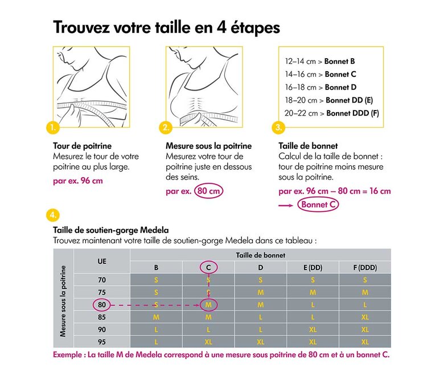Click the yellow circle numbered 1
[x=53, y=128]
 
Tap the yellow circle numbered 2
[x=166, y=128]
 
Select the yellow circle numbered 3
[x=278, y=128]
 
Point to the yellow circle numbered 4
[x=53, y=215]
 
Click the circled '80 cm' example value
[x=209, y=191]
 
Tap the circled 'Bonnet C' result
[x=318, y=205]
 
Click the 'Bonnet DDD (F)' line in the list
[x=332, y=113]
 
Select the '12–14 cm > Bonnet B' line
[x=320, y=61]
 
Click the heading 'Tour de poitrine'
[x=82, y=146]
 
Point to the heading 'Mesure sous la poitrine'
[x=209, y=146]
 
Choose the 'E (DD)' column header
[x=313, y=268]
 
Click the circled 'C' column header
[x=208, y=268]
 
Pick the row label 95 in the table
[x=102, y=342]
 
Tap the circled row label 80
[x=102, y=305]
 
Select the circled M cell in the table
[x=208, y=305]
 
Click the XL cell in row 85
[x=365, y=317]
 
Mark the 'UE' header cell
[x=102, y=261]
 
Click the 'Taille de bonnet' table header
[x=261, y=255]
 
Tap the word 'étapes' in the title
[x=255, y=28]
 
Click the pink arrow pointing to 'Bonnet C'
[x=286, y=206]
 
